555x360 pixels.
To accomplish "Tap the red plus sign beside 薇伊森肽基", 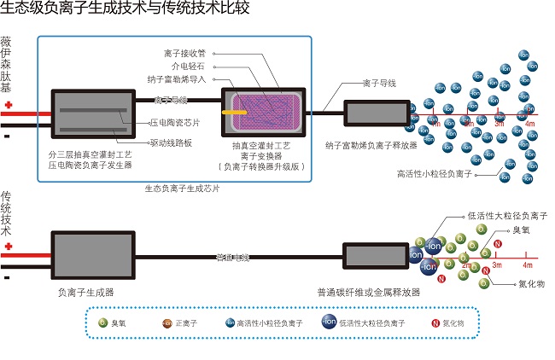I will click(x=9, y=106).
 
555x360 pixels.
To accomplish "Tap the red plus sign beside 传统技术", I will click(x=9, y=247).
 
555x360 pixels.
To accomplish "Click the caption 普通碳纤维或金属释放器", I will click(x=368, y=291).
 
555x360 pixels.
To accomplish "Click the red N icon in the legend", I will click(x=435, y=323).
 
